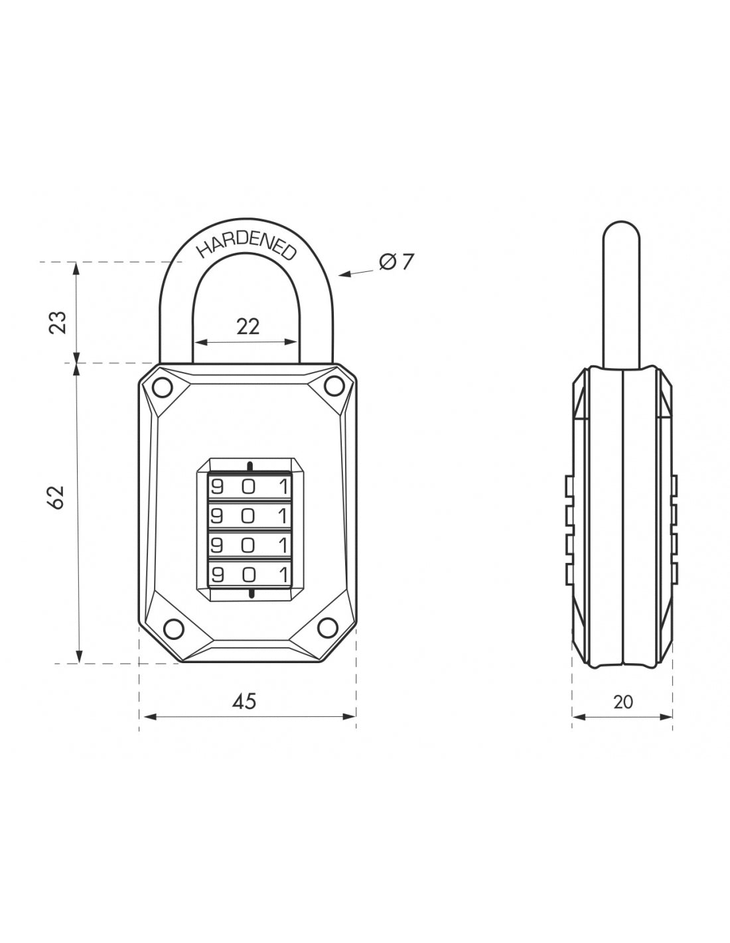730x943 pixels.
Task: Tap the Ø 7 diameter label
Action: point(396,263)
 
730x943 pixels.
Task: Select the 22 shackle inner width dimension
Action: point(248,326)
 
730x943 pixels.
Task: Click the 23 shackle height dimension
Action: point(58,322)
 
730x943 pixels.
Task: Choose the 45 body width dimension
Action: point(245,701)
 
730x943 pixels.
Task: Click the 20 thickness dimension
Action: point(622,702)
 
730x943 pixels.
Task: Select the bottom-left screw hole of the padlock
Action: point(173,627)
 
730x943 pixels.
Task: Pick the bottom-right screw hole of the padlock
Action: point(327,625)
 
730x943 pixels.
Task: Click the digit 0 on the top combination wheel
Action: point(248,487)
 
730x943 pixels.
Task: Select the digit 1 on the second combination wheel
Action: point(283,515)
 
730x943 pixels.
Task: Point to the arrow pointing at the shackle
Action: point(355,273)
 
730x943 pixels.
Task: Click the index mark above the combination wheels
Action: point(249,465)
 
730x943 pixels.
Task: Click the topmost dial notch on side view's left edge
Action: point(569,485)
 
